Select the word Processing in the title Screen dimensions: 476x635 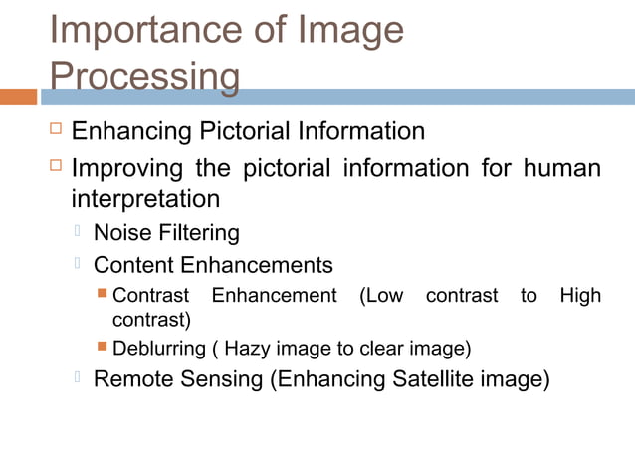[144, 77]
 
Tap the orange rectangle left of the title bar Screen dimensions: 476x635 [18, 97]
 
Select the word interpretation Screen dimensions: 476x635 [145, 199]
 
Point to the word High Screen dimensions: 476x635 [580, 295]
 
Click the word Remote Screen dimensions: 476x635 [131, 380]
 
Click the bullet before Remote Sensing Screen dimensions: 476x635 [77, 378]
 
